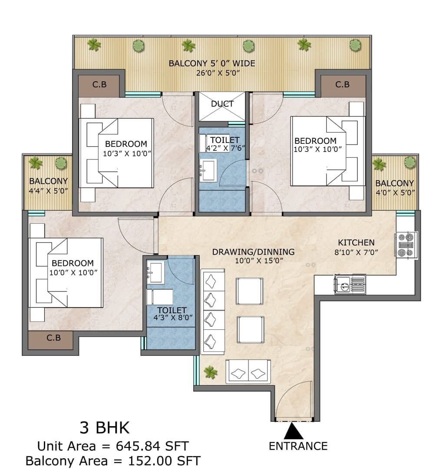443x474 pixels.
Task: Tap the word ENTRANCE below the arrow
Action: [298, 446]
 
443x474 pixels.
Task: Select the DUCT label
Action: [222, 104]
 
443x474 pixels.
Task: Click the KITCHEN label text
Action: [356, 243]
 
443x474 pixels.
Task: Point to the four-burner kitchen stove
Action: [406, 245]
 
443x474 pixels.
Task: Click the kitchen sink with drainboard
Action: [350, 285]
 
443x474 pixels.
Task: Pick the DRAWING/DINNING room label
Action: [253, 252]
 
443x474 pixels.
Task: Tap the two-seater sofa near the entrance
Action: [248, 372]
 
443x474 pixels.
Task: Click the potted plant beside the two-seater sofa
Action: [211, 372]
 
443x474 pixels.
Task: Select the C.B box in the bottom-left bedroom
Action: [53, 337]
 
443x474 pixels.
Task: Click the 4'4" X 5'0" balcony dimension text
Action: [48, 191]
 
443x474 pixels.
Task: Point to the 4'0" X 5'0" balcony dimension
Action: [395, 192]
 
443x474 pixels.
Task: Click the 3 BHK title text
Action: [104, 428]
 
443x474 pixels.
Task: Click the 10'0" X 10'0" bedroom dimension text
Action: [73, 272]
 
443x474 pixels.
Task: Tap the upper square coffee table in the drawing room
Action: [249, 291]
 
